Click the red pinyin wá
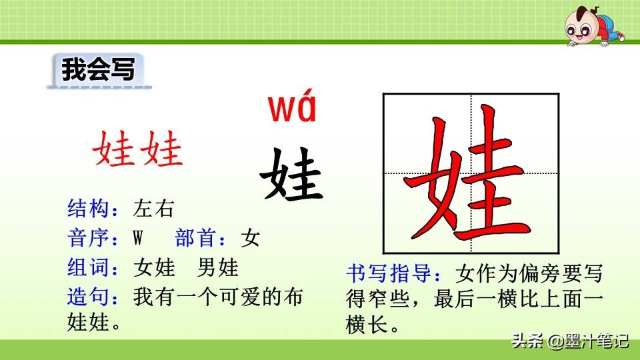[292, 106]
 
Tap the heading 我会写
[98, 69]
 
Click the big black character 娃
[291, 174]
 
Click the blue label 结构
[89, 209]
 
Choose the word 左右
[153, 209]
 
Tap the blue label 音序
[89, 237]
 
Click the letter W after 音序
[138, 237]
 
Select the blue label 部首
[196, 237]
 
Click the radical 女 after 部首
[250, 237]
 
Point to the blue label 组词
[89, 268]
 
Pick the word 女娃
[154, 268]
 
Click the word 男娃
[217, 268]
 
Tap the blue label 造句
[89, 297]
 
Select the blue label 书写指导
[389, 273]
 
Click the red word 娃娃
[137, 149]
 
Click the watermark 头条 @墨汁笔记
[570, 341]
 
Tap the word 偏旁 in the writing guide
[539, 273]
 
